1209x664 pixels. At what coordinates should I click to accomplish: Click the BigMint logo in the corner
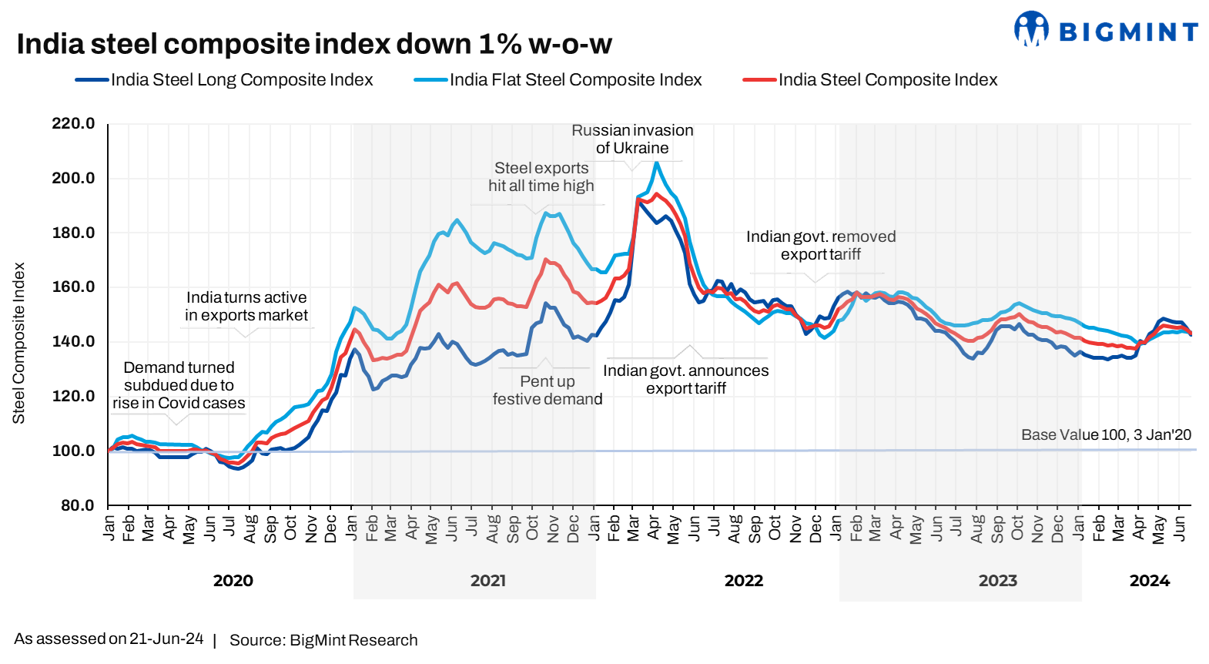coord(1106,30)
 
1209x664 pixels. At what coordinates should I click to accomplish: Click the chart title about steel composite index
coord(314,45)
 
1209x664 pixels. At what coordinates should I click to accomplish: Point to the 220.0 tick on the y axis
coord(73,124)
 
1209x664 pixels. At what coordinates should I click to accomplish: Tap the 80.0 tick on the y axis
coord(76,505)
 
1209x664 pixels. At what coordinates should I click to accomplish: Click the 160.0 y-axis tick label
coord(73,287)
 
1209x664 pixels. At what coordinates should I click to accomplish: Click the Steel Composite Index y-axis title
coord(19,343)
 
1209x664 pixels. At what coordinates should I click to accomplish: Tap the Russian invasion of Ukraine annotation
coord(632,139)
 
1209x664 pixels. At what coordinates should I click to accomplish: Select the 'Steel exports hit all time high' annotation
coord(541,177)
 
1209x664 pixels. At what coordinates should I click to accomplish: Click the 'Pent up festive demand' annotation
coord(548,391)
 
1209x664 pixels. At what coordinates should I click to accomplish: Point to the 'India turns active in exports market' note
coord(246,307)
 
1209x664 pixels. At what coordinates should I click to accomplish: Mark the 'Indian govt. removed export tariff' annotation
coord(821,246)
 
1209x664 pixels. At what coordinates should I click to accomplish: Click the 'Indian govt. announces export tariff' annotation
coord(685,380)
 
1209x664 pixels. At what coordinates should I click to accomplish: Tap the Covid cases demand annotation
coord(179,385)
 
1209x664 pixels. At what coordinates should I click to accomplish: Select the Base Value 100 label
coord(1106,435)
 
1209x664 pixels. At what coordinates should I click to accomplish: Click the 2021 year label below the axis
coord(488,581)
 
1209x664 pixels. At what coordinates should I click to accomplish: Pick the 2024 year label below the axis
coord(1149,581)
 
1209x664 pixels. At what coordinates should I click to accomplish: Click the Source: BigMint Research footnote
coord(323,640)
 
